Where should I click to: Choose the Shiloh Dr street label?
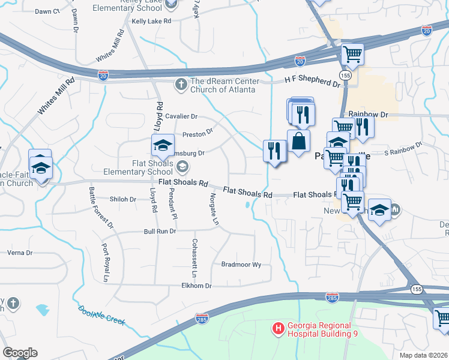point(123,199)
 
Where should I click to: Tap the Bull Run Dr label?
point(160,231)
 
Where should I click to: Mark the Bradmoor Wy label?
point(241,264)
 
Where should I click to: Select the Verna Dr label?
point(20,253)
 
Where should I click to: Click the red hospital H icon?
point(278,328)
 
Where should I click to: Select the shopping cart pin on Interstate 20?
point(352,54)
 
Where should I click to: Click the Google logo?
point(20,352)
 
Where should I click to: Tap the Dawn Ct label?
point(47,11)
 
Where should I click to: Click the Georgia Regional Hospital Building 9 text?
point(322,329)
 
